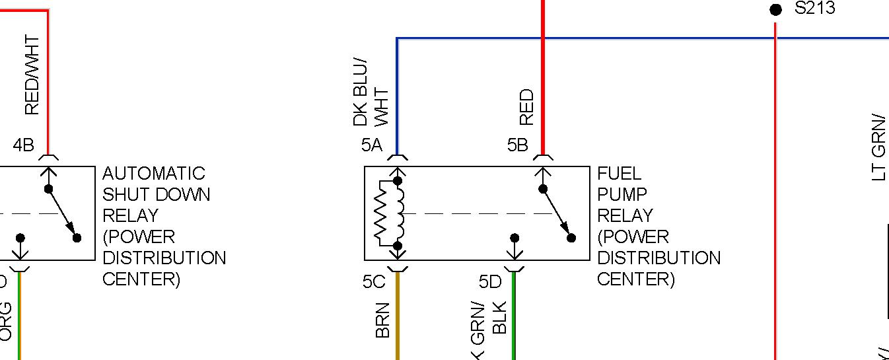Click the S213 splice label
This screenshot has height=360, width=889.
point(815,9)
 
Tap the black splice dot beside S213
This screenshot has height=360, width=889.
point(776,9)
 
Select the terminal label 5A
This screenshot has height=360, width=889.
point(372,145)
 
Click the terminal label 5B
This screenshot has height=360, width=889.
point(518,145)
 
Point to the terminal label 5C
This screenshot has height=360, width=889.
point(373,281)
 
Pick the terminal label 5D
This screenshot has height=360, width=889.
point(490,282)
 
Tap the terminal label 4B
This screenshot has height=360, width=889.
point(23,145)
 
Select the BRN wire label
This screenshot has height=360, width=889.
point(383,320)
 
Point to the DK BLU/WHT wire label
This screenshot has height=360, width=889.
point(371,92)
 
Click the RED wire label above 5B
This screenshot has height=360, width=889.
point(526,108)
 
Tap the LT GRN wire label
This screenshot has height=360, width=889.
point(878,147)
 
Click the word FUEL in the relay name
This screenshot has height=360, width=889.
point(619,174)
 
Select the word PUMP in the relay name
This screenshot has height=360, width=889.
point(622,195)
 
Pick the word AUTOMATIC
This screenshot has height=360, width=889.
point(154,174)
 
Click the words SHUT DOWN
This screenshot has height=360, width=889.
point(157,195)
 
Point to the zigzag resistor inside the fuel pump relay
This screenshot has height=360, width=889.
point(382,213)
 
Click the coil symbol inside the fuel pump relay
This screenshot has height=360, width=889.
point(398,213)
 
